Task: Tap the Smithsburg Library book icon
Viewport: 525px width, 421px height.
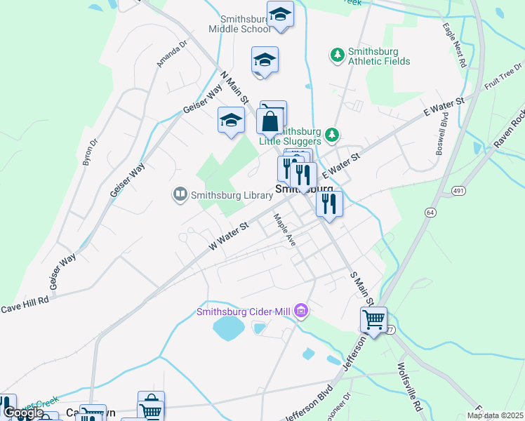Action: (x=180, y=194)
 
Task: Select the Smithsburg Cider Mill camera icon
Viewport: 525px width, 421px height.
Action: (x=302, y=309)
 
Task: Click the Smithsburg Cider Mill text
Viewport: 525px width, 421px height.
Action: (x=244, y=312)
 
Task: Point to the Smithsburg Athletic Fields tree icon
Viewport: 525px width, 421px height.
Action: (x=338, y=54)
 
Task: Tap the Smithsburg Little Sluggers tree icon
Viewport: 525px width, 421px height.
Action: (x=335, y=135)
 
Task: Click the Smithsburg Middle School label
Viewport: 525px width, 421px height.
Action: (x=239, y=25)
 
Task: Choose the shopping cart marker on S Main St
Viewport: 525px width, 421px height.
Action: (x=373, y=320)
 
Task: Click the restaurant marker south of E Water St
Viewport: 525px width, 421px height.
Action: (x=328, y=204)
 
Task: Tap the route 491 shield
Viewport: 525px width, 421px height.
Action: (x=458, y=190)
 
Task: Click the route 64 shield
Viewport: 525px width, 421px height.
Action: (x=430, y=212)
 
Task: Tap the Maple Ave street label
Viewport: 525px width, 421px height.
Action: (x=285, y=229)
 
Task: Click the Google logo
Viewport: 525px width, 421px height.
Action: (x=24, y=412)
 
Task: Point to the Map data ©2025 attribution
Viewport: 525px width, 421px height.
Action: (x=495, y=415)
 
